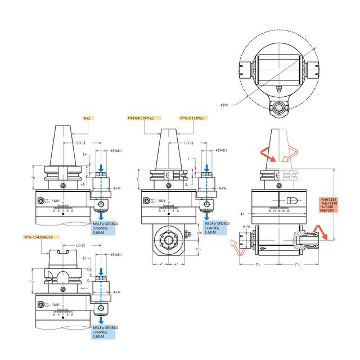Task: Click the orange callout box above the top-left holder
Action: (x=87, y=118)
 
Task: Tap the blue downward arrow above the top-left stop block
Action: (x=102, y=169)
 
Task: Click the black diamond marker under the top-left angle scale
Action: (x=63, y=214)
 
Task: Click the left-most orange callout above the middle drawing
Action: (x=144, y=118)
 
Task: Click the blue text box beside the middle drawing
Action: (x=217, y=227)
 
